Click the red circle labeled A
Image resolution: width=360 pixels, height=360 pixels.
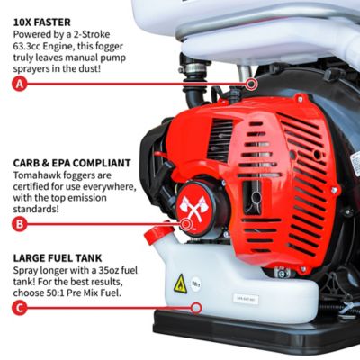click(x=20, y=84)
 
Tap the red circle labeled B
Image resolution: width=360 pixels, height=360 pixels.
click(x=20, y=224)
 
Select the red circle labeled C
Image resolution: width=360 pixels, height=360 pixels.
click(x=20, y=308)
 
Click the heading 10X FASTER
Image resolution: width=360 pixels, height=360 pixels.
click(x=42, y=22)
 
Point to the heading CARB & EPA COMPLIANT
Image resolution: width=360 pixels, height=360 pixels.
click(x=72, y=163)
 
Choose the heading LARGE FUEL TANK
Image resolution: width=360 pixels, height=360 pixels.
click(x=58, y=258)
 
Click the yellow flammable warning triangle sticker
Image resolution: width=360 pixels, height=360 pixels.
click(x=180, y=283)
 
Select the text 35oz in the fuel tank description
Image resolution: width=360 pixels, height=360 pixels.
click(x=109, y=270)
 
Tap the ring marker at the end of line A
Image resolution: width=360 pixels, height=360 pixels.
click(x=251, y=84)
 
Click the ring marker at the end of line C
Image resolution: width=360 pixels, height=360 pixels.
click(x=196, y=308)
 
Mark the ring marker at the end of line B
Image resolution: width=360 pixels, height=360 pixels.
click(x=186, y=224)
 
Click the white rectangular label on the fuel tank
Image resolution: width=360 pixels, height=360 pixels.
click(x=246, y=300)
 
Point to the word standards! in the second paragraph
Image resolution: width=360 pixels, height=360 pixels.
click(x=36, y=209)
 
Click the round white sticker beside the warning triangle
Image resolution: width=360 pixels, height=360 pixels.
click(x=195, y=283)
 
